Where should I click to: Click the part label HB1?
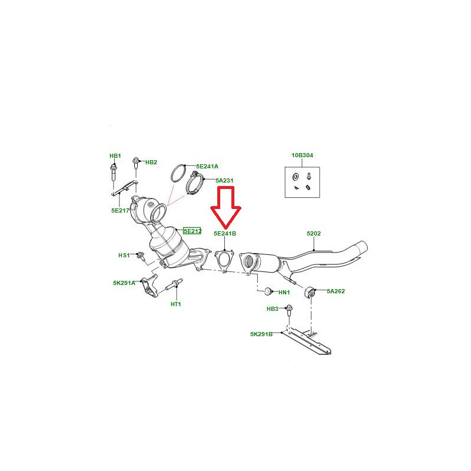(x=115, y=155)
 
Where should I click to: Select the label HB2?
(x=151, y=162)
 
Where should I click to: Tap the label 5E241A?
(x=207, y=167)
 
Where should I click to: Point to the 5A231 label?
(x=224, y=181)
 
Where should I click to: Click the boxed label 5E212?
(x=193, y=231)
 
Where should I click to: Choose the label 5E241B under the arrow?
(x=225, y=233)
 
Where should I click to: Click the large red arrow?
(x=226, y=207)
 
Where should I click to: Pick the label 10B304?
(x=302, y=155)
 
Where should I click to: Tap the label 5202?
(x=314, y=233)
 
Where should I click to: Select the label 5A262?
(x=336, y=291)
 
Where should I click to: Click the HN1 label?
(x=284, y=292)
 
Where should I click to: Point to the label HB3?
(x=273, y=309)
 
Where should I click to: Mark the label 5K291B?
(x=261, y=334)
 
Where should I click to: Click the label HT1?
(x=175, y=304)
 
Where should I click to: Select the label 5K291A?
(x=124, y=283)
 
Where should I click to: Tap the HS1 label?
(x=124, y=256)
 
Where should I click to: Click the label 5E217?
(x=120, y=211)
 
